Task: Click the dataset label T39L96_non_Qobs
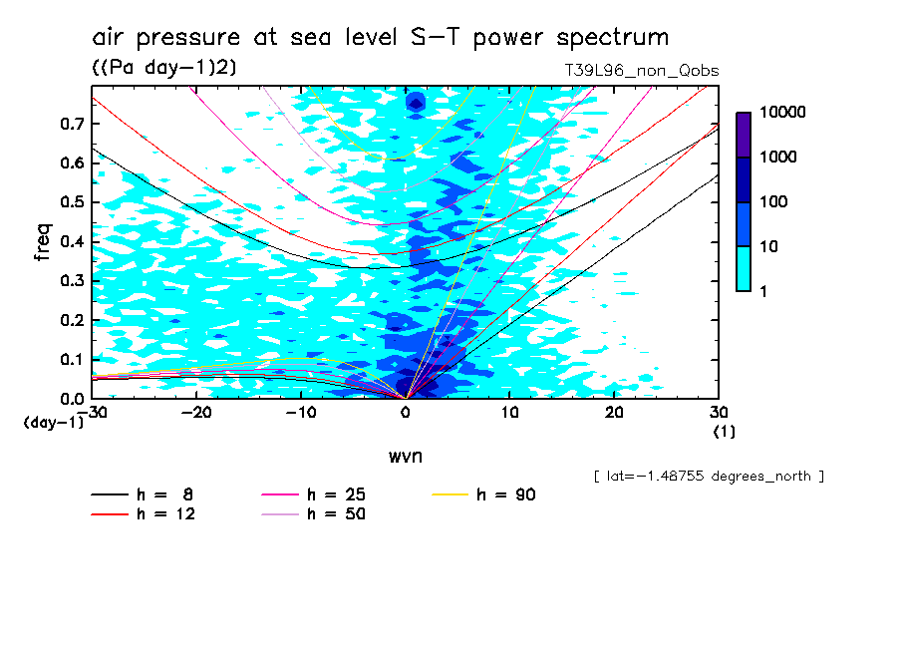click(x=641, y=71)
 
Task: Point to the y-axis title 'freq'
click(x=43, y=242)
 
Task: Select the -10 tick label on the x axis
click(x=301, y=412)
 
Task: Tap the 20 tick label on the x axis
click(x=614, y=412)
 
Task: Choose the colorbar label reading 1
click(x=764, y=290)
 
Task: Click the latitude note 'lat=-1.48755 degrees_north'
click(x=708, y=477)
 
